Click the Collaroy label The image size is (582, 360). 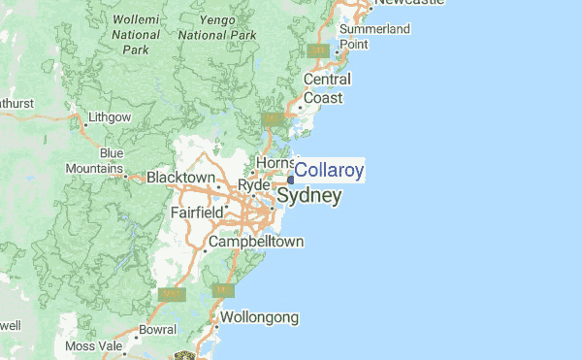coord(330,172)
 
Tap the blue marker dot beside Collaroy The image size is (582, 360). coord(291,178)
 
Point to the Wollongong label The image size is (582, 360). coord(260,317)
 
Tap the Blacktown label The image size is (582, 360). coord(179,178)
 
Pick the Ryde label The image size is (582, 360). coord(252,184)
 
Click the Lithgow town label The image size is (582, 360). coord(109,117)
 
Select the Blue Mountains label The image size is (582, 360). coord(107,161)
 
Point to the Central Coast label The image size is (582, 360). coord(327,88)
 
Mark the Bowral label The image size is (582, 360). coord(157,330)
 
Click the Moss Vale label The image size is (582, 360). coord(95,346)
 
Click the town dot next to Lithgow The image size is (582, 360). coord(79,118)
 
